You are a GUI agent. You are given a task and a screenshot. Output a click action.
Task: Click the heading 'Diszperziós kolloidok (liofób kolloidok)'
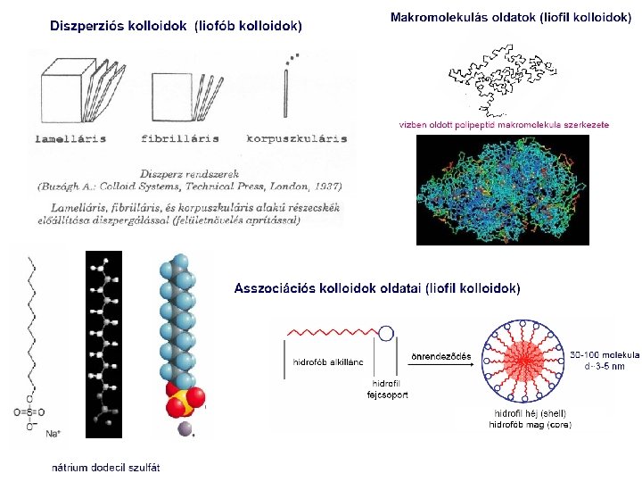click(x=176, y=26)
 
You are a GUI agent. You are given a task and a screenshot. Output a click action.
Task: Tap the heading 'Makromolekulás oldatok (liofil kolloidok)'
click(x=511, y=18)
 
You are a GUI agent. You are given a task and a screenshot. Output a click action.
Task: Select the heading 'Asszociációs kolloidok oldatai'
click(x=376, y=288)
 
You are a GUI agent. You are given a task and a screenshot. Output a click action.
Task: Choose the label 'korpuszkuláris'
click(x=297, y=138)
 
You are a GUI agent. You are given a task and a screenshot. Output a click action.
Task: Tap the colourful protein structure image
click(x=503, y=189)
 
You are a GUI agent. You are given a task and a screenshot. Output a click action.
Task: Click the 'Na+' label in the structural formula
click(x=53, y=434)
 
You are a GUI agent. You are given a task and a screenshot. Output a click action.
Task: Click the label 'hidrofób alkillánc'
click(x=326, y=362)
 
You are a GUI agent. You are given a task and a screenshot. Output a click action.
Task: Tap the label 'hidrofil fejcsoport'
click(x=387, y=388)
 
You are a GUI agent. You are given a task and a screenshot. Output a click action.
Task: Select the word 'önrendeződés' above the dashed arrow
click(x=440, y=356)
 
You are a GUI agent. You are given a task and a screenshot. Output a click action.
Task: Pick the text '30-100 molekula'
click(x=604, y=354)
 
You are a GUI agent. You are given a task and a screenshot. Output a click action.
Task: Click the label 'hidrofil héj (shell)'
click(x=530, y=413)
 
